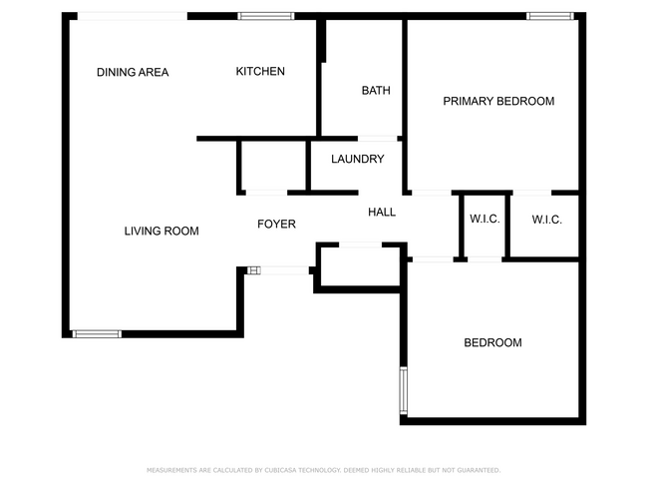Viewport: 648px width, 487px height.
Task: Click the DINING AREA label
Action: [x=133, y=72]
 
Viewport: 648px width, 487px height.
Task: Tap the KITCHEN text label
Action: [x=260, y=71]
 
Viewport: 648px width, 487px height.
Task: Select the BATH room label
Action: [x=376, y=91]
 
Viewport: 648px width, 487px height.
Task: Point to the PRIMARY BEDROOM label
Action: [x=498, y=101]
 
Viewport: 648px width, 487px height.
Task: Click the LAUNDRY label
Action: [x=357, y=159]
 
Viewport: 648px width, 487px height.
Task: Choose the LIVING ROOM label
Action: [x=162, y=231]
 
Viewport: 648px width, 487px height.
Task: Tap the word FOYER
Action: [x=276, y=224]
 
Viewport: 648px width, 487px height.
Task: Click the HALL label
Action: [x=382, y=212]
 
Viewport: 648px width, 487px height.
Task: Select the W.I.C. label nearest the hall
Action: [x=485, y=220]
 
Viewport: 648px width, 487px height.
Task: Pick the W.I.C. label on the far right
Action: [x=546, y=220]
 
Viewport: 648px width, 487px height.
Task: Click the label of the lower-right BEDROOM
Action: [x=492, y=342]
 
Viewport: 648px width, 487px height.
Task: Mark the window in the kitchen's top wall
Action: [x=266, y=16]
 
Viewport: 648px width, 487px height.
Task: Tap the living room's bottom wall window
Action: [x=97, y=333]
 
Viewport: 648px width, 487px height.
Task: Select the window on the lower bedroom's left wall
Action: [x=404, y=390]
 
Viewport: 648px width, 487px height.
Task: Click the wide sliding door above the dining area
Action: [x=133, y=16]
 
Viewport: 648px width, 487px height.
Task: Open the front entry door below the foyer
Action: [x=282, y=268]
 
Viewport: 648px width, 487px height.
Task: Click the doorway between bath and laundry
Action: [x=378, y=138]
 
